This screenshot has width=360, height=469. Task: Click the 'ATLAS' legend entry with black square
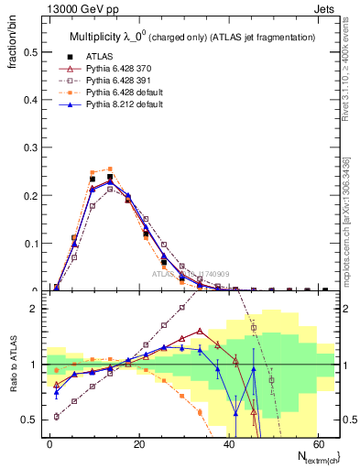[x=101, y=55]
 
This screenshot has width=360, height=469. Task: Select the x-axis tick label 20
[x=139, y=443]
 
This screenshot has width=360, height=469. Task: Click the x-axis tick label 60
[x=318, y=443]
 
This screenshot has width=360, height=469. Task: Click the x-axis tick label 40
[x=229, y=443]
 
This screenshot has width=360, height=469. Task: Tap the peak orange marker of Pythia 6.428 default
[x=110, y=169]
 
